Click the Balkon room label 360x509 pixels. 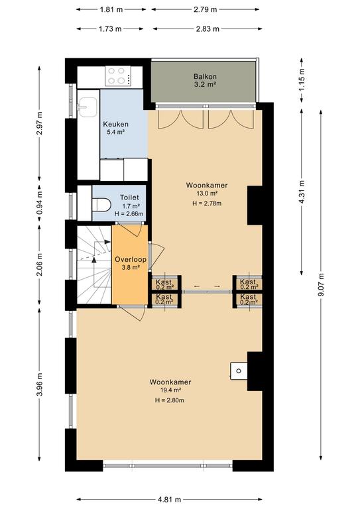[x=205, y=77]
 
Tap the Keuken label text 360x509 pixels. [x=115, y=124]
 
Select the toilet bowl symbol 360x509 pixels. [x=101, y=205]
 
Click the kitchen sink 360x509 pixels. [x=88, y=107]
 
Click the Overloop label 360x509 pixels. [x=131, y=260]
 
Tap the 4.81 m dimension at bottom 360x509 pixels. [x=169, y=499]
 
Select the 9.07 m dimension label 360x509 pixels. [x=321, y=285]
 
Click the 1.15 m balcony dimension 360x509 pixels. [x=302, y=80]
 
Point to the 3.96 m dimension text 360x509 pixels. [x=40, y=384]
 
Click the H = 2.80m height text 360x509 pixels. [x=170, y=400]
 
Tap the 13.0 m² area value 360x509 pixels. [x=206, y=193]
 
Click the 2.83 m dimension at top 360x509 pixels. [x=208, y=29]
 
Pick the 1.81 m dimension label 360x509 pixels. [x=111, y=9]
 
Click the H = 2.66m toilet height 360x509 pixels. [x=129, y=214]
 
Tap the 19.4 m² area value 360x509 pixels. [x=170, y=390]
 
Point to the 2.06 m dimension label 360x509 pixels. [x=40, y=264]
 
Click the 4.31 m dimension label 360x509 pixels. [x=302, y=192]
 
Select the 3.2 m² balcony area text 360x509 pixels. [x=205, y=84]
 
